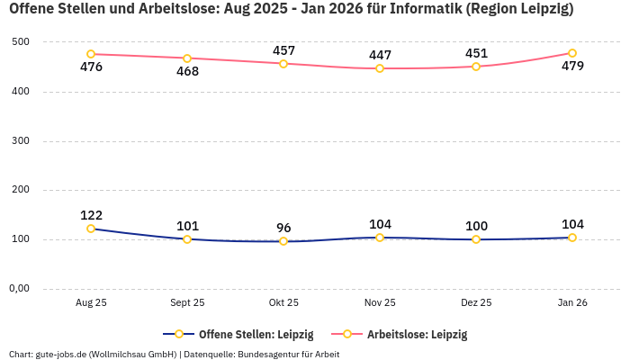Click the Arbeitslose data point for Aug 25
click(x=91, y=54)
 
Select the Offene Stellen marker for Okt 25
click(x=283, y=241)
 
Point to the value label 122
click(x=91, y=215)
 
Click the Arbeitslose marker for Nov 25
click(x=380, y=68)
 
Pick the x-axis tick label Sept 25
click(x=187, y=303)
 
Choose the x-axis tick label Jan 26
click(x=572, y=303)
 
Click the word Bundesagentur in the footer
click(x=268, y=354)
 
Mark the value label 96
click(x=283, y=228)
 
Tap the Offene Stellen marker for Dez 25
click(x=476, y=239)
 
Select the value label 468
click(x=187, y=71)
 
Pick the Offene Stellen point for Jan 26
click(x=572, y=238)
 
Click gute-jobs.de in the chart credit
click(x=61, y=354)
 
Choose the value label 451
click(x=476, y=53)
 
